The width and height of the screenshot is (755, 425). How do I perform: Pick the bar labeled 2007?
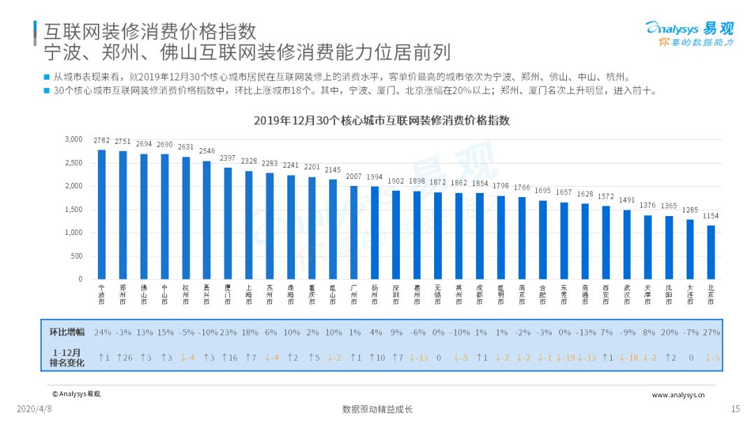pos(354,232)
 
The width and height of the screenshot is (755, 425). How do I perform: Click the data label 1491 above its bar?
pos(626,200)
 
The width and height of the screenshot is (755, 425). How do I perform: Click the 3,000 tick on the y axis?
pos(73,139)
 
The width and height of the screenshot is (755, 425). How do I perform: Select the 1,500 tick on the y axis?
pos(73,210)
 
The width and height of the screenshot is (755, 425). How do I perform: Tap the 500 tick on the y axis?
pos(76,256)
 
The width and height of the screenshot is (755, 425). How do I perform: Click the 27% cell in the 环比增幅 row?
pos(711,333)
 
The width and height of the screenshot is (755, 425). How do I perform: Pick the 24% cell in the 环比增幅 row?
pos(103,333)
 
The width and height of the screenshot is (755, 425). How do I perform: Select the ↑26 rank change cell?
pos(124,358)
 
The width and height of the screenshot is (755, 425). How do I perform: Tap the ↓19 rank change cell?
pos(565,358)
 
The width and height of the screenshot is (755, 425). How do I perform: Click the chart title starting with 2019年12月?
pos(382,120)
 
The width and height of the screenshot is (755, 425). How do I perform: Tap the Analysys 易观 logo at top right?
pos(689,34)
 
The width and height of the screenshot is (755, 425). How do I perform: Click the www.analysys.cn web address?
pos(677,395)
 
